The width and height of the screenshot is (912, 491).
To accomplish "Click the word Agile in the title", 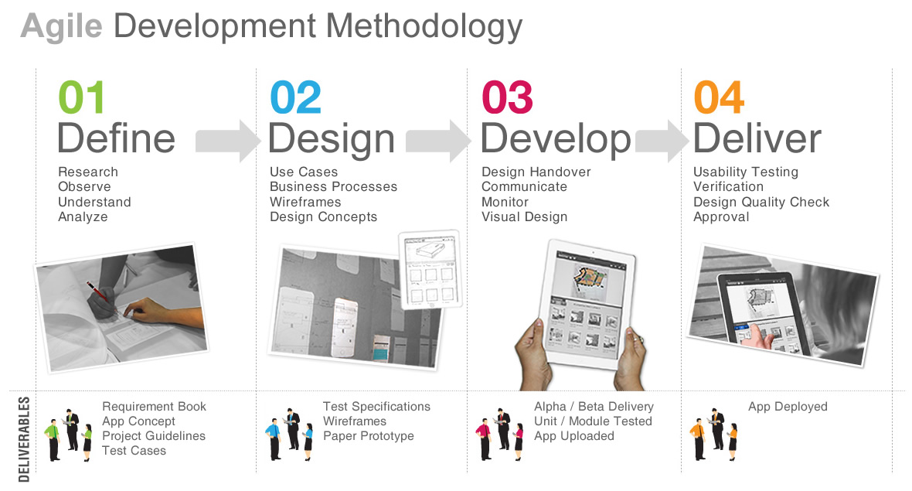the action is [62, 27].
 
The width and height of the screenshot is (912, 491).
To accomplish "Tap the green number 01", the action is [81, 97].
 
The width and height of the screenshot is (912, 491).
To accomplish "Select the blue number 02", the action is [295, 97].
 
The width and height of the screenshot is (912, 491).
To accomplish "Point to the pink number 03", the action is [507, 97].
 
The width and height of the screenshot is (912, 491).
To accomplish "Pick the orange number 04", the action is [719, 97].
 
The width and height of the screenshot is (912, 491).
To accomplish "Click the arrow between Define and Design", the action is [227, 141].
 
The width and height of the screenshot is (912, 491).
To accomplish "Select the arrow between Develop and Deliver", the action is [662, 141].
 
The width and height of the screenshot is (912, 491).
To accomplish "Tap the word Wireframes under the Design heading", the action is [305, 202].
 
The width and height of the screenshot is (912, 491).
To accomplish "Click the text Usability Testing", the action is [746, 172].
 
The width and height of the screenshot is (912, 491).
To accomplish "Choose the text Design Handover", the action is [536, 172].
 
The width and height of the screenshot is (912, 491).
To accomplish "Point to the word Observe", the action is [84, 187].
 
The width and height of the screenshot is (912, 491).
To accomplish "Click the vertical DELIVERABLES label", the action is [24, 439].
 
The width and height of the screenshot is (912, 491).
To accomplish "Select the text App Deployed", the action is [788, 407].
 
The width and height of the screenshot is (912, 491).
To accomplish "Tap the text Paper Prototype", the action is [368, 436].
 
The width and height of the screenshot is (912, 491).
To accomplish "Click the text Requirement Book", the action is [154, 407].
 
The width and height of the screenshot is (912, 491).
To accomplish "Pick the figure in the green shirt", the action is [53, 440].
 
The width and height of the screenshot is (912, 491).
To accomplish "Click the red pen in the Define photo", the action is [97, 292].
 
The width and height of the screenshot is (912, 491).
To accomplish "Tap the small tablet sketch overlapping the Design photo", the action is [430, 269].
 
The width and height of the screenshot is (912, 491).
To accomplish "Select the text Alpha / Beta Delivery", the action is [594, 407].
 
